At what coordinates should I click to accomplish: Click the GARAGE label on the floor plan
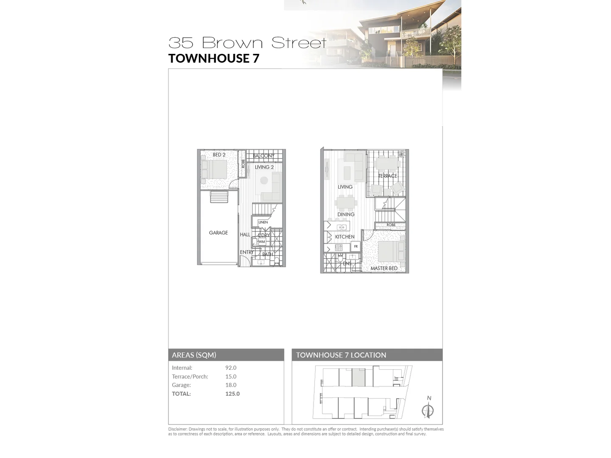pyautogui.click(x=218, y=233)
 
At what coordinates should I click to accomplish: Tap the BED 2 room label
pyautogui.click(x=219, y=155)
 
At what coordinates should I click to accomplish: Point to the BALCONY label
pyautogui.click(x=263, y=156)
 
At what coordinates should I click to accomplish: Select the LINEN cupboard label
pyautogui.click(x=263, y=222)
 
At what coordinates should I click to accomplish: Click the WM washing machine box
pyautogui.click(x=262, y=242)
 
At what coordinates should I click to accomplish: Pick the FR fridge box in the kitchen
pyautogui.click(x=356, y=246)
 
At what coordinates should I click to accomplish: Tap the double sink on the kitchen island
pyautogui.click(x=342, y=227)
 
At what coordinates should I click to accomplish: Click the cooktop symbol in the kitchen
pyautogui.click(x=339, y=248)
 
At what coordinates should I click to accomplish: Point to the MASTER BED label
pyautogui.click(x=384, y=268)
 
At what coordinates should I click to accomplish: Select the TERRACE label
pyautogui.click(x=387, y=176)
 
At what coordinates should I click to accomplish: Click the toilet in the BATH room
pyautogui.click(x=277, y=260)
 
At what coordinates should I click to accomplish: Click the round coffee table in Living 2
pyautogui.click(x=264, y=180)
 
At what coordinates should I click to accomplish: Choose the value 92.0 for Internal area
pyautogui.click(x=231, y=368)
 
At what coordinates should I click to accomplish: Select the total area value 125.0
pyautogui.click(x=233, y=394)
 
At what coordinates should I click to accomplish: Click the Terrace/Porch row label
pyautogui.click(x=190, y=377)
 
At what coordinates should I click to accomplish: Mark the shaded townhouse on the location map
pyautogui.click(x=358, y=377)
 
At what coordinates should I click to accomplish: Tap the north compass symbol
pyautogui.click(x=428, y=410)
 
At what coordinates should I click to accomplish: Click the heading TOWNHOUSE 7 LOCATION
pyautogui.click(x=341, y=355)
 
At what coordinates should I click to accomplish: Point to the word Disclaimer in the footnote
pyautogui.click(x=178, y=429)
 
